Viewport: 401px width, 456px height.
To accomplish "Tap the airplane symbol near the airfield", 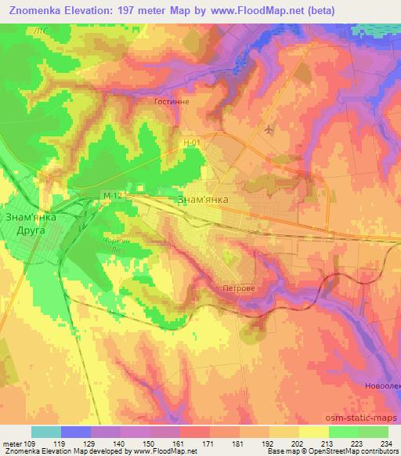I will [x=271, y=129].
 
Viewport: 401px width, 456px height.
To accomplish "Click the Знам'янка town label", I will [x=204, y=200].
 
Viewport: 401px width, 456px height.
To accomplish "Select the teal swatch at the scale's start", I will [x=45, y=431].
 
